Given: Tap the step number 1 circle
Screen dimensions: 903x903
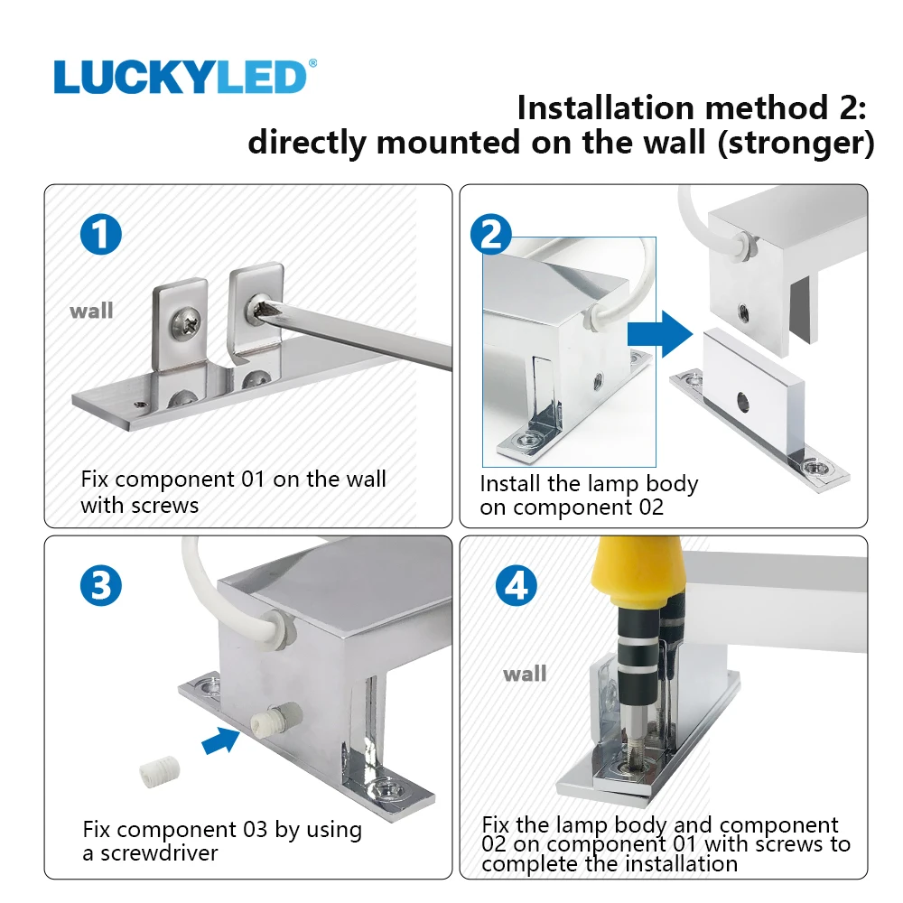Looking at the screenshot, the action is [x=101, y=235].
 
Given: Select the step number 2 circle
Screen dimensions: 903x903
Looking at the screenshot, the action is [x=490, y=235].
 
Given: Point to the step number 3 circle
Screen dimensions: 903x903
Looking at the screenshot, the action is [x=101, y=585].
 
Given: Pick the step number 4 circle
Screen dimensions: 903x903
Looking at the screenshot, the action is [x=516, y=585].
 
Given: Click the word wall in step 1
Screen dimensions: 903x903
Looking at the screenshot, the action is [x=91, y=311].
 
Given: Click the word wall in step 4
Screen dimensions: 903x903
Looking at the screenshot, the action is [x=525, y=674].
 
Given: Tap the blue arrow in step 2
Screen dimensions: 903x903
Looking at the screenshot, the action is [x=660, y=334].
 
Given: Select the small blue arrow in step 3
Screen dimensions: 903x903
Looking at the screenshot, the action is [x=221, y=740].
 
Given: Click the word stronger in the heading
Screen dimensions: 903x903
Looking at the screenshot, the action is [x=796, y=143].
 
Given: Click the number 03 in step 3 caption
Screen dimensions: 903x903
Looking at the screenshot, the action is [x=256, y=829].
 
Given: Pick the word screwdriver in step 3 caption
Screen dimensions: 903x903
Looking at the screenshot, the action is [x=159, y=853].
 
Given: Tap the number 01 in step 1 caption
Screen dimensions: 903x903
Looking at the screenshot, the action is [x=253, y=479].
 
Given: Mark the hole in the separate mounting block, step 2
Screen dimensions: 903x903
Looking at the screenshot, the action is [x=743, y=402].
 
